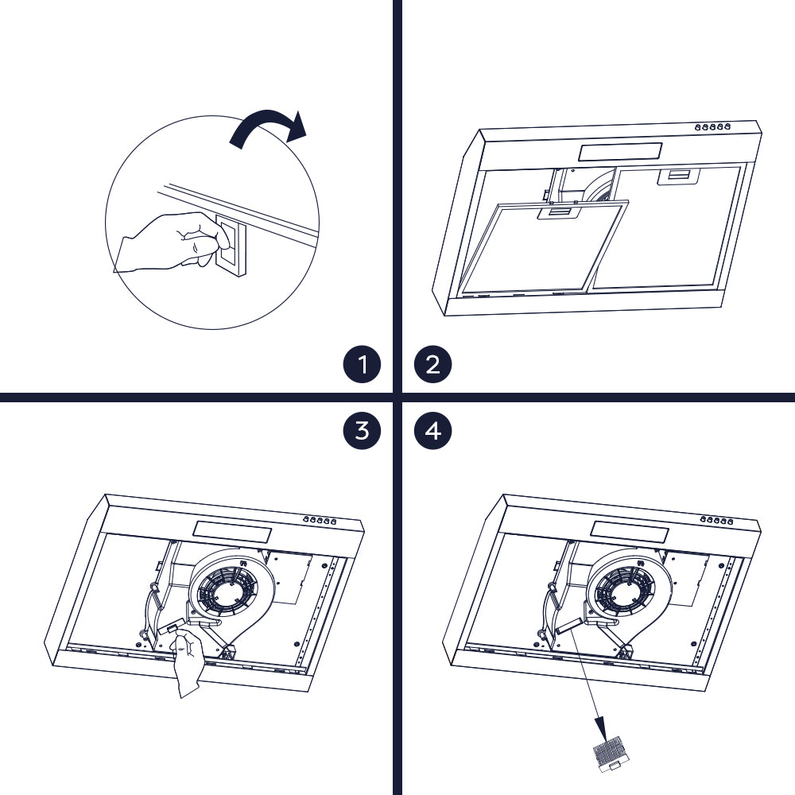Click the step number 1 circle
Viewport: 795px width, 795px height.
362,364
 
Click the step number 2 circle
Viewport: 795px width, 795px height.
432,364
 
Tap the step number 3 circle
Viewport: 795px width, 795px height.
362,430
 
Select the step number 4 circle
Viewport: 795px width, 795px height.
432,430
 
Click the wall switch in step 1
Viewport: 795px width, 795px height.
231,246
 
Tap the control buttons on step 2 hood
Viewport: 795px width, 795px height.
712,127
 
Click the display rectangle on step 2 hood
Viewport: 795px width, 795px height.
620,152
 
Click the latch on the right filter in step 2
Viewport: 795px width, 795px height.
678,176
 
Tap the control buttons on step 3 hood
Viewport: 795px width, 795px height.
320,520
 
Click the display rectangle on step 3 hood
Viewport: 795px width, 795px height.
232,532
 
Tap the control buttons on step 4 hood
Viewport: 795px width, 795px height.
717,520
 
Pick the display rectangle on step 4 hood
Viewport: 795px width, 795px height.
630,532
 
